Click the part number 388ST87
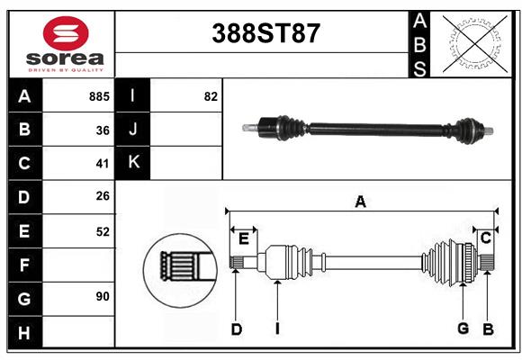[265, 33]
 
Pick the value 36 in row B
[103, 130]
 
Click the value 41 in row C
[103, 164]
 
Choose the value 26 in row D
[103, 197]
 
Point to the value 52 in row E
[103, 231]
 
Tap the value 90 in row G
[103, 296]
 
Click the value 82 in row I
[211, 96]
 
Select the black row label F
[24, 265]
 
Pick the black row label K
[133, 163]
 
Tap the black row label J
[133, 130]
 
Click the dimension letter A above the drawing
[360, 202]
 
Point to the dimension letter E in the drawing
[243, 238]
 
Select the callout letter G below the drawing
[463, 328]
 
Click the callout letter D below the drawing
[236, 329]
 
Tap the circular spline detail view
[178, 267]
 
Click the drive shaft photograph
[369, 129]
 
